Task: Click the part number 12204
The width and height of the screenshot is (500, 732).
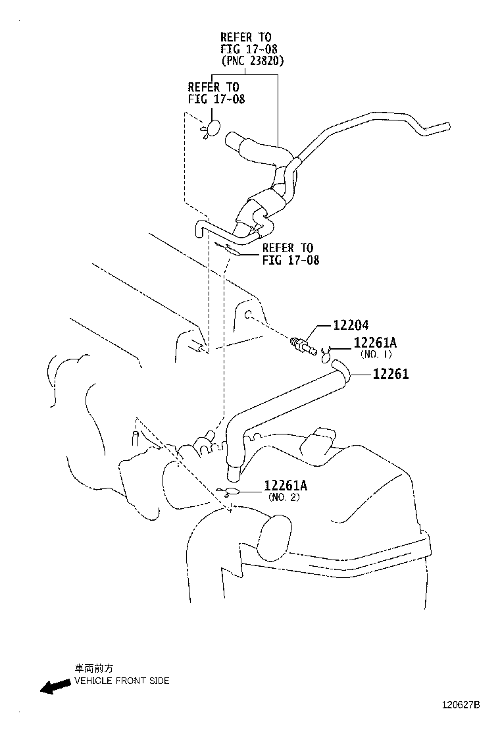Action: pyautogui.click(x=351, y=325)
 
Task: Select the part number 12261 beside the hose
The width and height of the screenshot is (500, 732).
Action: pyautogui.click(x=390, y=375)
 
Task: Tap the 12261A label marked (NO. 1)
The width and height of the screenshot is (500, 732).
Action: pyautogui.click(x=375, y=343)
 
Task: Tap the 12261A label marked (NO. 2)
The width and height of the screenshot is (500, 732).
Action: pyautogui.click(x=286, y=486)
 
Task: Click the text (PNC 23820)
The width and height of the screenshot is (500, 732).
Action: pyautogui.click(x=253, y=61)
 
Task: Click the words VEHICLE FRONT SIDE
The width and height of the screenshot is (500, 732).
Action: pyautogui.click(x=122, y=681)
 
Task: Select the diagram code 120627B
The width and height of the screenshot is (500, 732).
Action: pyautogui.click(x=461, y=705)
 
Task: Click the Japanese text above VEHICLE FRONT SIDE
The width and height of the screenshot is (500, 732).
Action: pyautogui.click(x=89, y=667)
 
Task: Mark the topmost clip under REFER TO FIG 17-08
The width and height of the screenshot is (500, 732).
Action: pyautogui.click(x=213, y=129)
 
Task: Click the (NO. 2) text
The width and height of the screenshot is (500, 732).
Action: pyautogui.click(x=284, y=497)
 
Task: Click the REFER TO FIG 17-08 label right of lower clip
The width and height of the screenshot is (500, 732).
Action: pyautogui.click(x=290, y=254)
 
